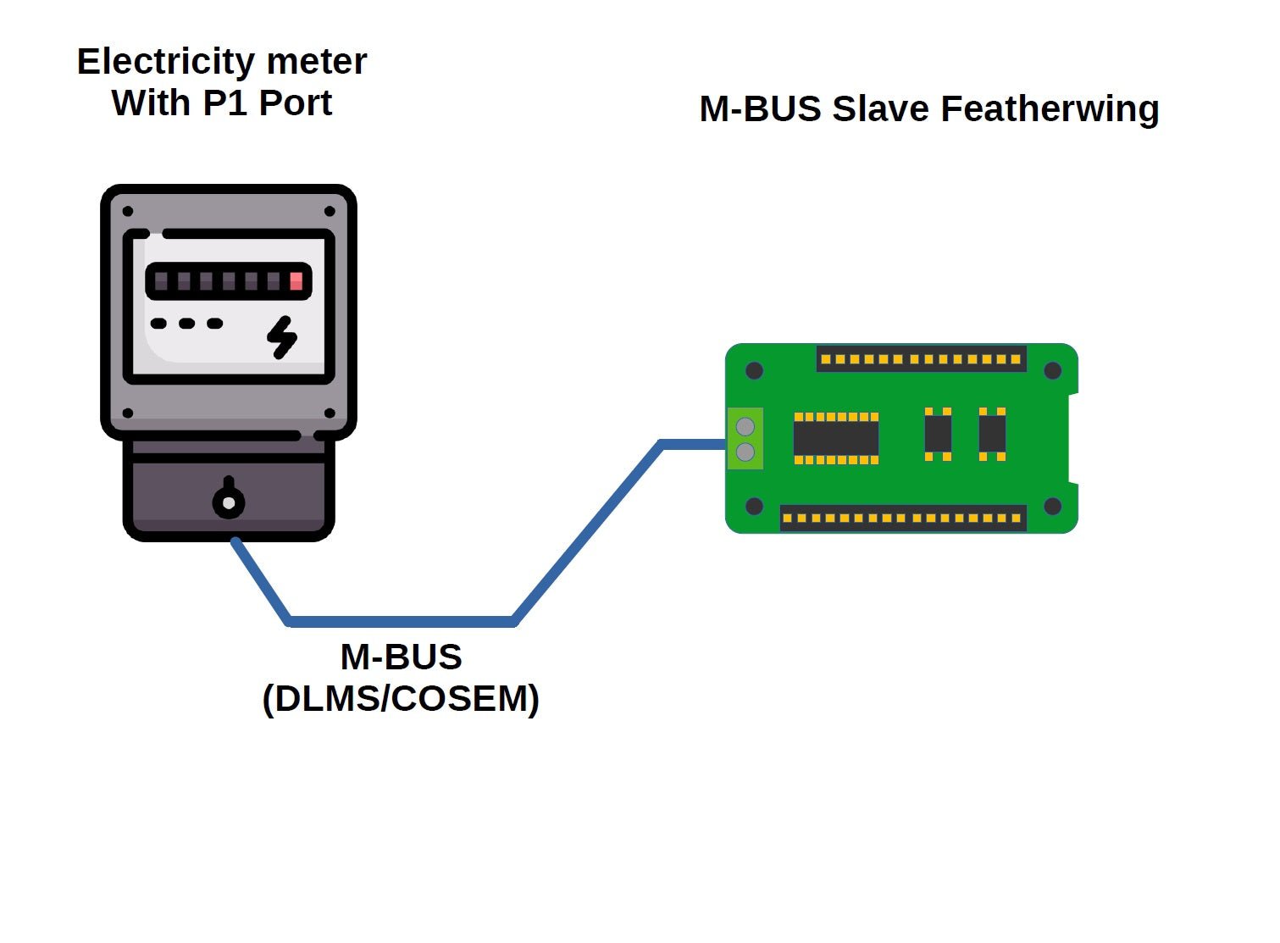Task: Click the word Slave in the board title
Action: (880, 109)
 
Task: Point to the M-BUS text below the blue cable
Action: (401, 657)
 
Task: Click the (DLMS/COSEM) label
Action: (401, 699)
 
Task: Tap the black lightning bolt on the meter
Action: (282, 337)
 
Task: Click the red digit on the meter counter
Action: (296, 281)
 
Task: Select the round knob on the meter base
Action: (228, 502)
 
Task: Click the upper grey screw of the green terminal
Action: (745, 426)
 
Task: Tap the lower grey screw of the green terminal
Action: (745, 452)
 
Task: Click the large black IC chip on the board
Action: (835, 438)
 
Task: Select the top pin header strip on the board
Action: (921, 359)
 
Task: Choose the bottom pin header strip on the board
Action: (902, 518)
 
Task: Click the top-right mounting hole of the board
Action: (1052, 370)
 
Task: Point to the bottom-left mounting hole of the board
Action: (754, 507)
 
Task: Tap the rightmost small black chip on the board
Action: (992, 434)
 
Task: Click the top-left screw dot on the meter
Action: (128, 211)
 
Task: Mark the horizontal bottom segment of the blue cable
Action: (401, 622)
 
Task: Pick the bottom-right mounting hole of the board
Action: (1052, 507)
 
